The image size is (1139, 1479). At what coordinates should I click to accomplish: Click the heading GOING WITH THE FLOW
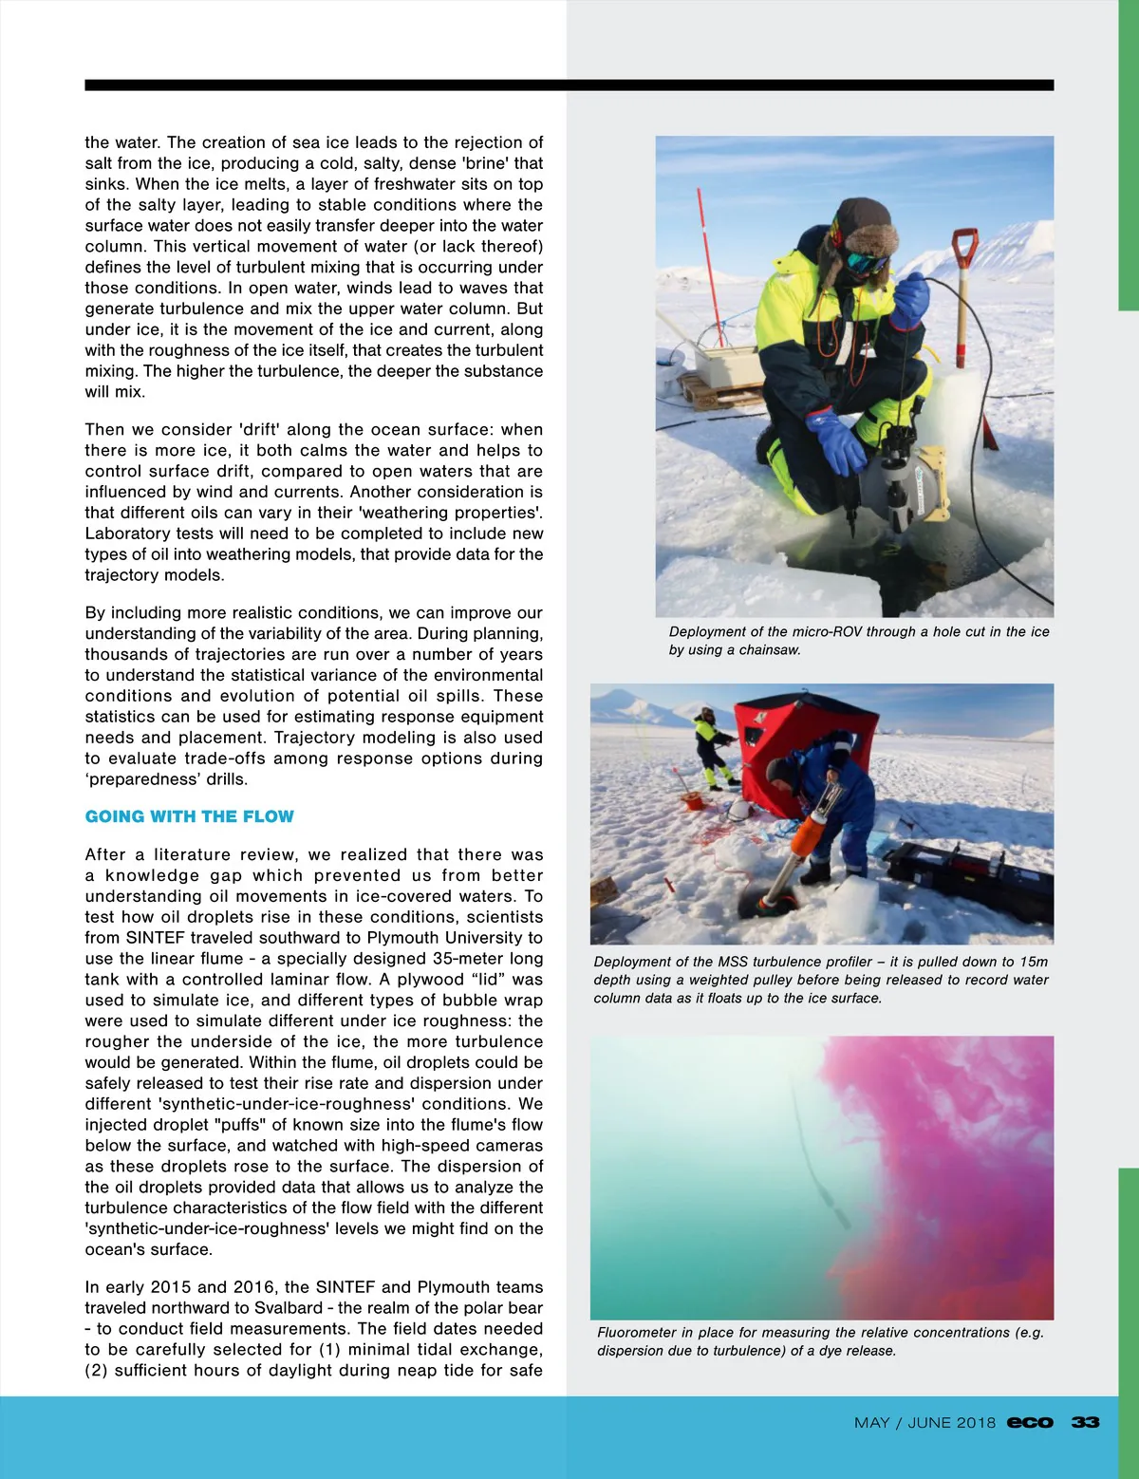(x=189, y=816)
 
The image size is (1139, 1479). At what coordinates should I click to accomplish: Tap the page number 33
(x=1085, y=1422)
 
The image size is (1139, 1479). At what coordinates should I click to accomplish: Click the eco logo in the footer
(x=1030, y=1422)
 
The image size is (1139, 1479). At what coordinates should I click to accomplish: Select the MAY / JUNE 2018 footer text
(x=924, y=1422)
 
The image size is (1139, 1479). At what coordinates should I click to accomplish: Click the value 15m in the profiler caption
(x=1034, y=962)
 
